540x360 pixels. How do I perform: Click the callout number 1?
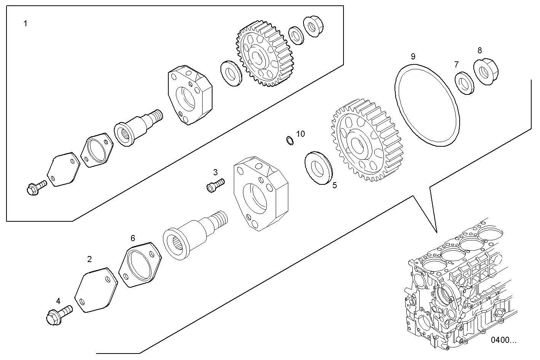(25, 24)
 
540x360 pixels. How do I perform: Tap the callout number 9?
(413, 57)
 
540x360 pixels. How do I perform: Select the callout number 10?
(300, 134)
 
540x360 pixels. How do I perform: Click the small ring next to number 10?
(290, 141)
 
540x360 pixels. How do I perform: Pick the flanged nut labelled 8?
(485, 72)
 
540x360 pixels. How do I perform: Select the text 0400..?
(503, 340)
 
